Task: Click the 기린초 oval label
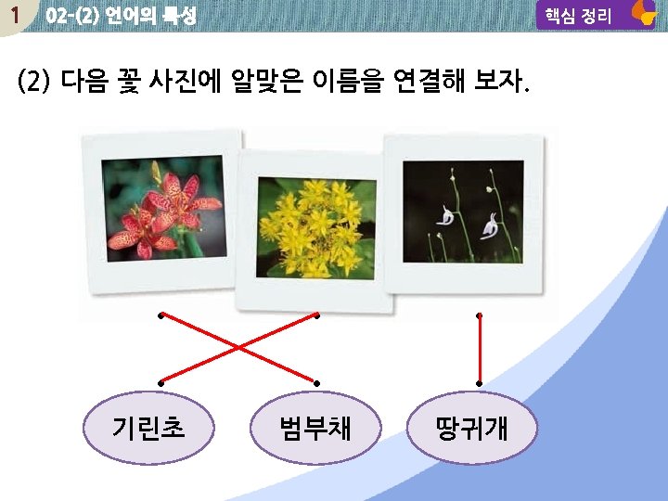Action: pyautogui.click(x=148, y=427)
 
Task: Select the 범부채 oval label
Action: pyautogui.click(x=315, y=427)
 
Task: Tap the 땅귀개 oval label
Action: pyautogui.click(x=472, y=427)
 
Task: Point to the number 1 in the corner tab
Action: pyautogui.click(x=13, y=15)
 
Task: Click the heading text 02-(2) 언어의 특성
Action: pyautogui.click(x=121, y=16)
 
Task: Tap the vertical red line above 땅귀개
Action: pyautogui.click(x=480, y=349)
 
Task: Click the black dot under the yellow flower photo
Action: pyautogui.click(x=316, y=316)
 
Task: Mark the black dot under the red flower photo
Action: pyautogui.click(x=161, y=316)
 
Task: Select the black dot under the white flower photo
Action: pyautogui.click(x=480, y=316)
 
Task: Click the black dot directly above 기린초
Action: pyautogui.click(x=161, y=382)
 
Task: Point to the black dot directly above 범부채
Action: pyautogui.click(x=316, y=382)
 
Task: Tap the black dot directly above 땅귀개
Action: pyautogui.click(x=480, y=381)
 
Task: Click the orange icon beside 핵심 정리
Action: pyautogui.click(x=642, y=13)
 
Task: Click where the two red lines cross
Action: pyautogui.click(x=238, y=349)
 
